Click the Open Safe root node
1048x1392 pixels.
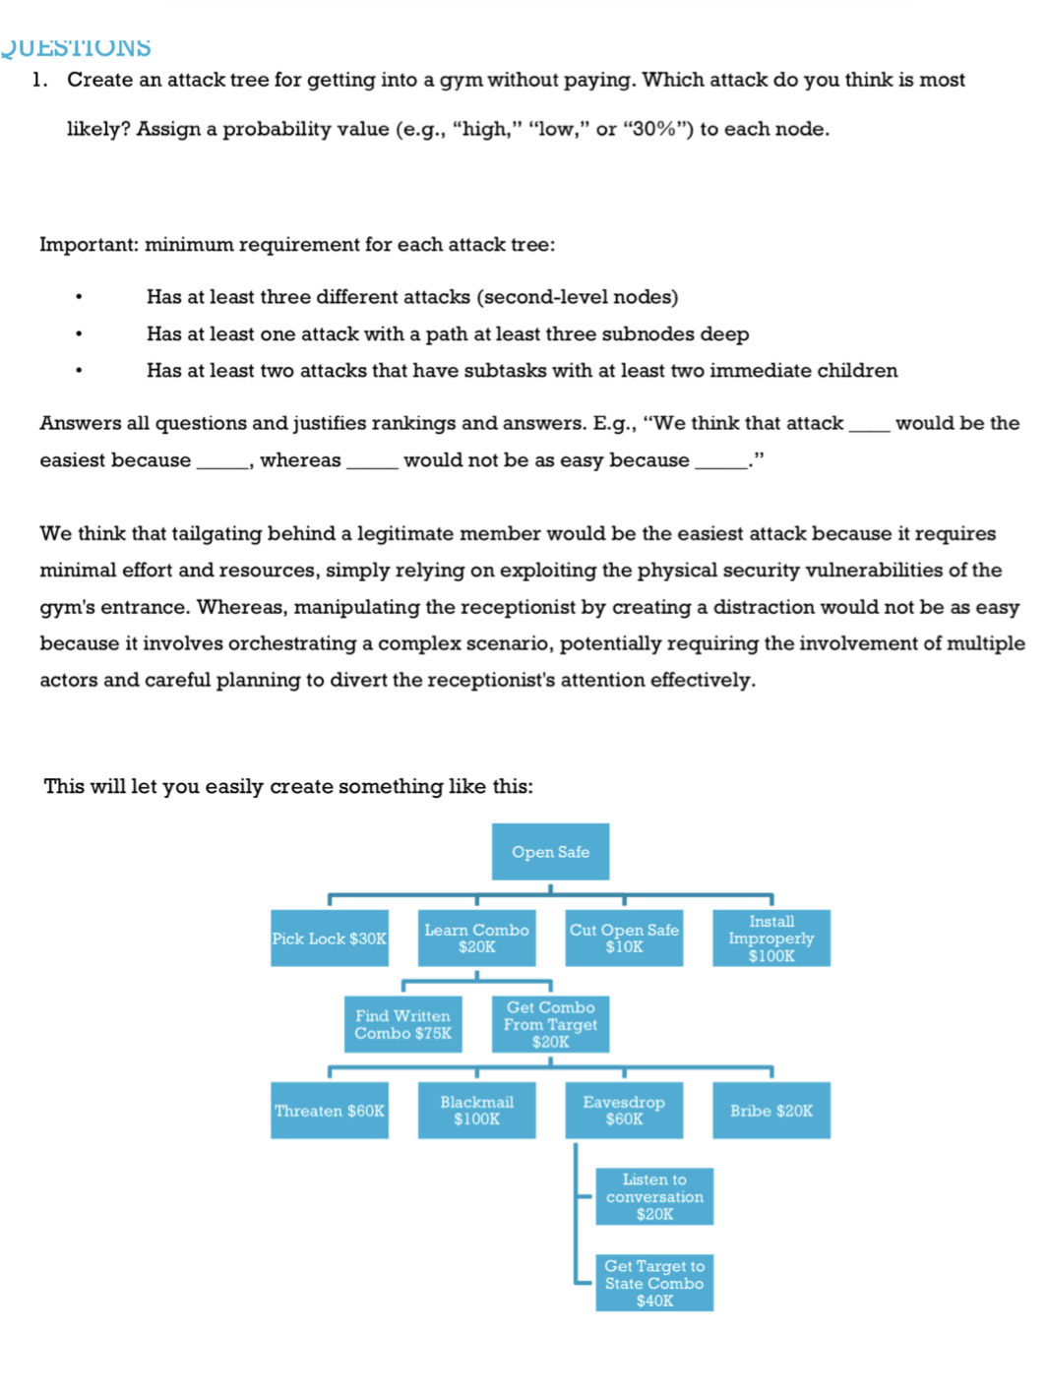tap(550, 852)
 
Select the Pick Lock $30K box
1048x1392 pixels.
tap(330, 938)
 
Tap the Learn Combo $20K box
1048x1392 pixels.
tap(476, 938)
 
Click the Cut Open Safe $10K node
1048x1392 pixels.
tap(624, 938)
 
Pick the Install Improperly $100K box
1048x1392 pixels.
tap(771, 938)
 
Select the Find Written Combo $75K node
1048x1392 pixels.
tap(402, 1024)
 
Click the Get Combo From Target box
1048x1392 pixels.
tap(550, 1024)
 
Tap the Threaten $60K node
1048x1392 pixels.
tap(330, 1111)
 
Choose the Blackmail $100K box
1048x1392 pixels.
tap(476, 1111)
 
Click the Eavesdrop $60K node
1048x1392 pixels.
tap(624, 1111)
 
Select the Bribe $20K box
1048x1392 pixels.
tap(771, 1111)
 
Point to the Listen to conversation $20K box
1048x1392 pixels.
tap(654, 1196)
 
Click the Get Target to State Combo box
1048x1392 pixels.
tap(654, 1283)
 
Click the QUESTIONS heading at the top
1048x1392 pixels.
tap(76, 47)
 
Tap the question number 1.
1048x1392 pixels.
tap(38, 80)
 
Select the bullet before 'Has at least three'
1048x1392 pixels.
tap(79, 297)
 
